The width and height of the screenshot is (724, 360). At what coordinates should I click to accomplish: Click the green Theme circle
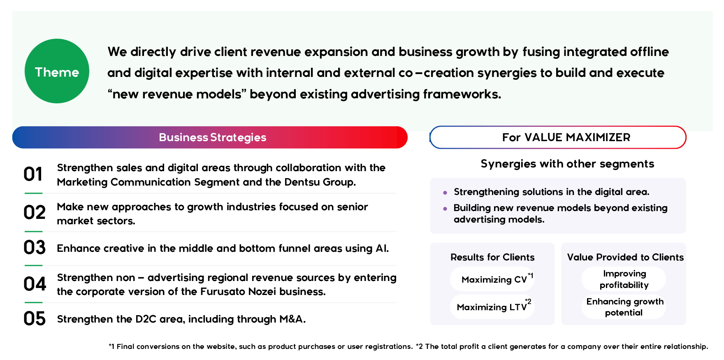tap(57, 71)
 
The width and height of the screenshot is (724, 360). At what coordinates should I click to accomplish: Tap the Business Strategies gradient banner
tap(210, 137)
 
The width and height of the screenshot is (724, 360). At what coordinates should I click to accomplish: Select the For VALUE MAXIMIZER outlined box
tap(558, 137)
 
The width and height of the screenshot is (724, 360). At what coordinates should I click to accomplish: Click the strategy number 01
tap(33, 174)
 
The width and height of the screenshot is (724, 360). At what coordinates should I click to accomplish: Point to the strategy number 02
tap(35, 213)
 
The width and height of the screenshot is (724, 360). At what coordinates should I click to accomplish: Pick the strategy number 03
tap(35, 248)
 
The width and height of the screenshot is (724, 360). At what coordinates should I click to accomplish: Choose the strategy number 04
tap(35, 284)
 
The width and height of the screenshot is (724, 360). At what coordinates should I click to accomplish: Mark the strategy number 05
tap(35, 319)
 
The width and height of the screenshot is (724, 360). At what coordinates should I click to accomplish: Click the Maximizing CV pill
tap(492, 279)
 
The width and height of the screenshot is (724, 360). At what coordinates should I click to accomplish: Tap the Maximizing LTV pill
tap(492, 307)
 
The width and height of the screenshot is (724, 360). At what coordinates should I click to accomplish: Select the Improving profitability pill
tap(624, 279)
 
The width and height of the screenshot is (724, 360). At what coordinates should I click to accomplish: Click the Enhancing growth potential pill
tap(624, 307)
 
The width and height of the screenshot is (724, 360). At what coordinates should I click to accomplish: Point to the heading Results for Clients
tap(492, 258)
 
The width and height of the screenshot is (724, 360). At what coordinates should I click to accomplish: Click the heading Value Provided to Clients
tap(625, 258)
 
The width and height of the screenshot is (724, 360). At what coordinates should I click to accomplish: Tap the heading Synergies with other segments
tap(567, 164)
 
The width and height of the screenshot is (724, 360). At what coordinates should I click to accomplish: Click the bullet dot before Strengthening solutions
tap(445, 193)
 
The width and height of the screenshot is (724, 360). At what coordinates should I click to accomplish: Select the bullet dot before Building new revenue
tap(445, 209)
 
